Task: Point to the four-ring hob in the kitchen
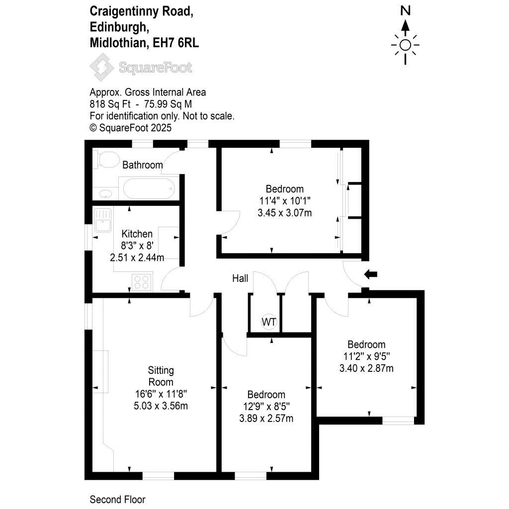pyautogui.click(x=142, y=282)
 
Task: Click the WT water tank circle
pyautogui.click(x=269, y=322)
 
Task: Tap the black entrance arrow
pyautogui.click(x=371, y=273)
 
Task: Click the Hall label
pyautogui.click(x=240, y=278)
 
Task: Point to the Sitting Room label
pyautogui.click(x=161, y=376)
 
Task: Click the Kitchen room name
pyautogui.click(x=137, y=234)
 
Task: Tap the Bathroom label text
pyautogui.click(x=143, y=165)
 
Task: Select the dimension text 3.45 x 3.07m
pyautogui.click(x=285, y=213)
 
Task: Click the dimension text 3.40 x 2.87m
pyautogui.click(x=366, y=368)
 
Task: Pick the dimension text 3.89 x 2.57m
pyautogui.click(x=266, y=418)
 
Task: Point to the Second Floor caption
pyautogui.click(x=117, y=499)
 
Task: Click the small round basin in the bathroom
pyautogui.click(x=105, y=193)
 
